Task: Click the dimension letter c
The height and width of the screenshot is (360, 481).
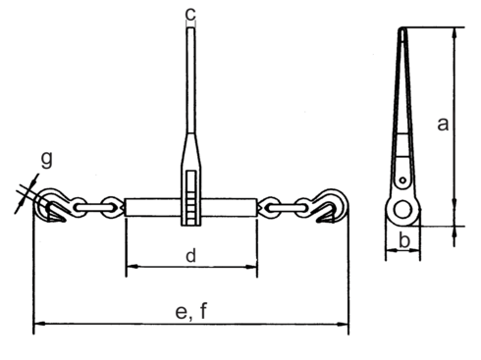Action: (191, 14)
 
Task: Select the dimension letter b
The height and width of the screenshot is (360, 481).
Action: (404, 241)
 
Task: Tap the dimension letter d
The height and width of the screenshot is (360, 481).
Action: (191, 257)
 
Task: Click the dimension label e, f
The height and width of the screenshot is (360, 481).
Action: (190, 312)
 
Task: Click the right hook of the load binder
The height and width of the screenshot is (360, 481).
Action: (332, 208)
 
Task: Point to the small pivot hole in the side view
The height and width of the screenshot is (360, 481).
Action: (402, 180)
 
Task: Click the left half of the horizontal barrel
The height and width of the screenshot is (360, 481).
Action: (153, 208)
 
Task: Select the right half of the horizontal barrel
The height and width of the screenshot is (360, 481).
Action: (230, 208)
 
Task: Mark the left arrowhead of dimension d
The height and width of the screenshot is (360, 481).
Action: (130, 267)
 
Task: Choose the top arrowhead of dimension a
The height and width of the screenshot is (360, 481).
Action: (454, 32)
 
